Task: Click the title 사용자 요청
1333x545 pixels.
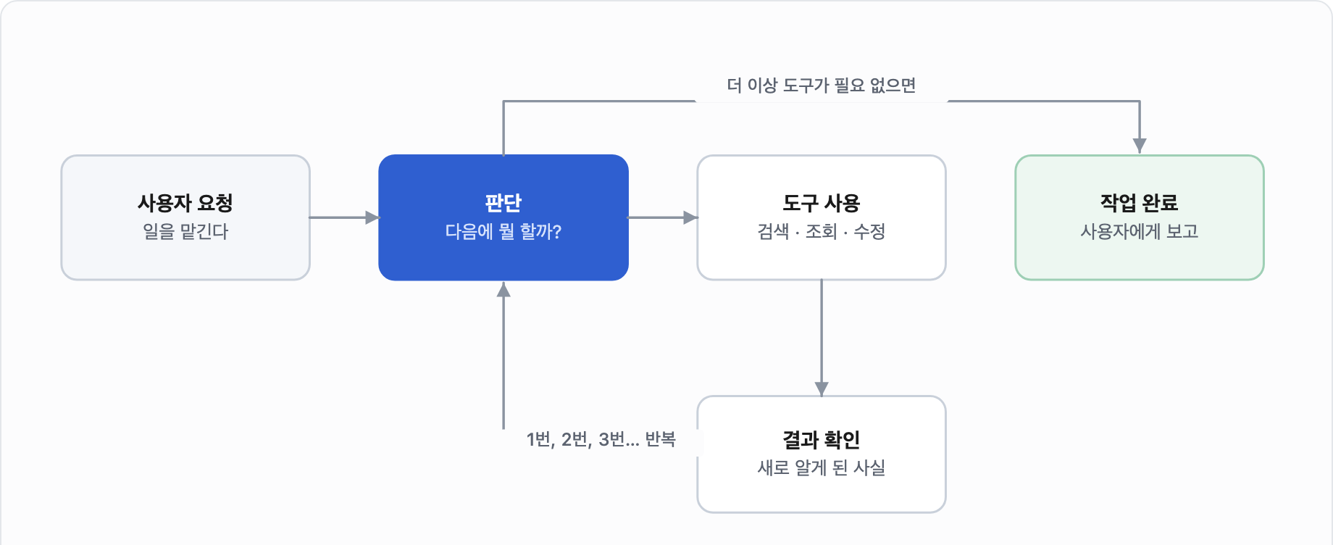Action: click(x=185, y=203)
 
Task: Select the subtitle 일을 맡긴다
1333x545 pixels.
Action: click(x=185, y=232)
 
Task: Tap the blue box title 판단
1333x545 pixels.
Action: click(x=503, y=203)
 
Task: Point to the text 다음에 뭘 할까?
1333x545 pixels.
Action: click(x=503, y=232)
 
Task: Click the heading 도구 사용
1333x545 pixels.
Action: click(x=822, y=203)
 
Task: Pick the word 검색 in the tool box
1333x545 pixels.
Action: click(x=773, y=232)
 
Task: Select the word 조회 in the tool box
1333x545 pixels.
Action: click(x=822, y=232)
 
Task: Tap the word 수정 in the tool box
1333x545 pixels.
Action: click(x=869, y=232)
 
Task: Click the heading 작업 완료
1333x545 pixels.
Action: click(x=1140, y=203)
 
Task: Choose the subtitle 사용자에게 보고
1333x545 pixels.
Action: click(x=1140, y=232)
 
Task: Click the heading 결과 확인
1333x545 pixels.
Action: click(x=822, y=440)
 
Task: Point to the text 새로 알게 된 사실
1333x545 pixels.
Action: click(x=822, y=468)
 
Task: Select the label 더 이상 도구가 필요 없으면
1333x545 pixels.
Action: click(x=822, y=86)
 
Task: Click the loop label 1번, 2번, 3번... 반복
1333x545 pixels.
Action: click(x=601, y=440)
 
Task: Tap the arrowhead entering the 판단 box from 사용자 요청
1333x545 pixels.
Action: click(x=372, y=217)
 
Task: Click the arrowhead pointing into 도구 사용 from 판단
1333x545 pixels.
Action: click(x=690, y=217)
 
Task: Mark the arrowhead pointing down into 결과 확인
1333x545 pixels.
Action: click(x=822, y=389)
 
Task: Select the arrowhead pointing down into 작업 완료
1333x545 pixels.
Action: click(x=1140, y=146)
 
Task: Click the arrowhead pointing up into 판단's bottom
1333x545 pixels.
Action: click(x=503, y=290)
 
